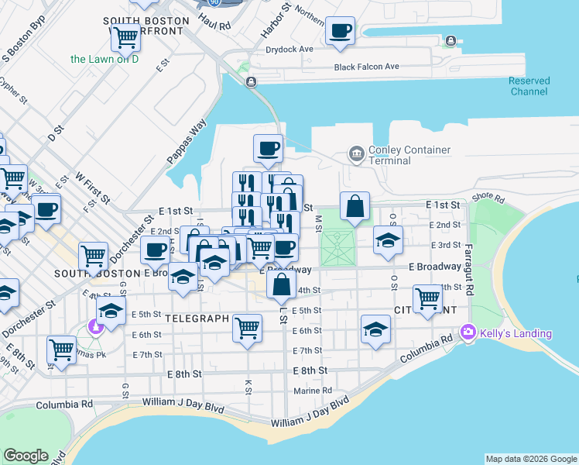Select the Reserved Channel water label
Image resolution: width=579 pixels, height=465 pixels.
[529, 86]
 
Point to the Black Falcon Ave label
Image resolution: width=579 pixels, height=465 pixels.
[366, 67]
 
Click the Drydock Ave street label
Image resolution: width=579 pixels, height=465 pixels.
[289, 49]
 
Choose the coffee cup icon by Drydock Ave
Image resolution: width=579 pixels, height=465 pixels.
[341, 32]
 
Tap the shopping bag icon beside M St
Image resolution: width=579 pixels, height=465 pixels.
[355, 207]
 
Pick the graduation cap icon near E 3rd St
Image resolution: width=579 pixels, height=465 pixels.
[388, 240]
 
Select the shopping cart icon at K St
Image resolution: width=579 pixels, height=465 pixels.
[248, 329]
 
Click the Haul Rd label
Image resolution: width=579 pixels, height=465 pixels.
[214, 26]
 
